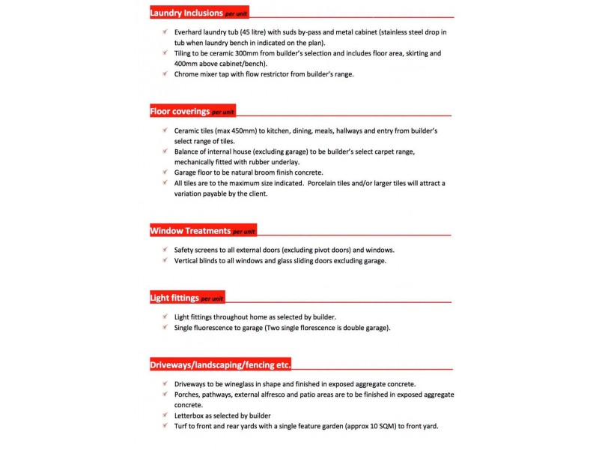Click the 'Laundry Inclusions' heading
click(186, 13)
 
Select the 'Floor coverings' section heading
click(180, 112)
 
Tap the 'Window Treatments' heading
click(190, 231)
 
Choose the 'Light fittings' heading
click(174, 298)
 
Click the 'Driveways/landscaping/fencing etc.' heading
click(220, 365)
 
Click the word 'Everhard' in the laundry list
click(190, 32)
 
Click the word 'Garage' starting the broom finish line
click(187, 172)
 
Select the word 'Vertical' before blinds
click(188, 260)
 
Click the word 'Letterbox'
click(192, 415)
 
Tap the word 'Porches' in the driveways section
click(189, 394)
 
